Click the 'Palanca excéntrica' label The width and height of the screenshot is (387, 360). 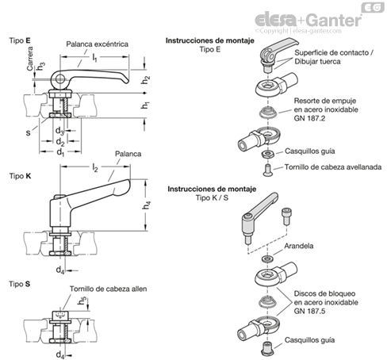(x=97, y=44)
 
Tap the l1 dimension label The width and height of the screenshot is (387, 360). (x=94, y=57)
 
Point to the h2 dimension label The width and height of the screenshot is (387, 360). (x=146, y=79)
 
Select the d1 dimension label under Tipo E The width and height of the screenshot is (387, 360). (x=60, y=152)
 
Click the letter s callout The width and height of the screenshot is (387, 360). (x=29, y=132)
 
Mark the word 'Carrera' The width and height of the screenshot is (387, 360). (x=30, y=59)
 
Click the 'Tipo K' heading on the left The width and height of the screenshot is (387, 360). (x=20, y=176)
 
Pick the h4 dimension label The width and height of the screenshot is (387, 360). (x=147, y=205)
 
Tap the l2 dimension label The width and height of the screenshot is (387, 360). (x=95, y=167)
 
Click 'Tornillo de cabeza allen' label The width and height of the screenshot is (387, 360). (x=108, y=289)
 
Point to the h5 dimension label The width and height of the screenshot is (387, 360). (x=82, y=301)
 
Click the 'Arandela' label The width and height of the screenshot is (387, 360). (x=299, y=246)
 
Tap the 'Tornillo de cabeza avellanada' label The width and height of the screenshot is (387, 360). (x=333, y=167)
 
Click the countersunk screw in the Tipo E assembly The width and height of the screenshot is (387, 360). (x=267, y=170)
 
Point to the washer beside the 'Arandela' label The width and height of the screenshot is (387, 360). (x=267, y=259)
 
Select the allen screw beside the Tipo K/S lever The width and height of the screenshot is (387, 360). (x=285, y=216)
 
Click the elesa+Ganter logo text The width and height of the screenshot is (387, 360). (x=308, y=20)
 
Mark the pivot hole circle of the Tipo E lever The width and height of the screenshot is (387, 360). (x=60, y=79)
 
